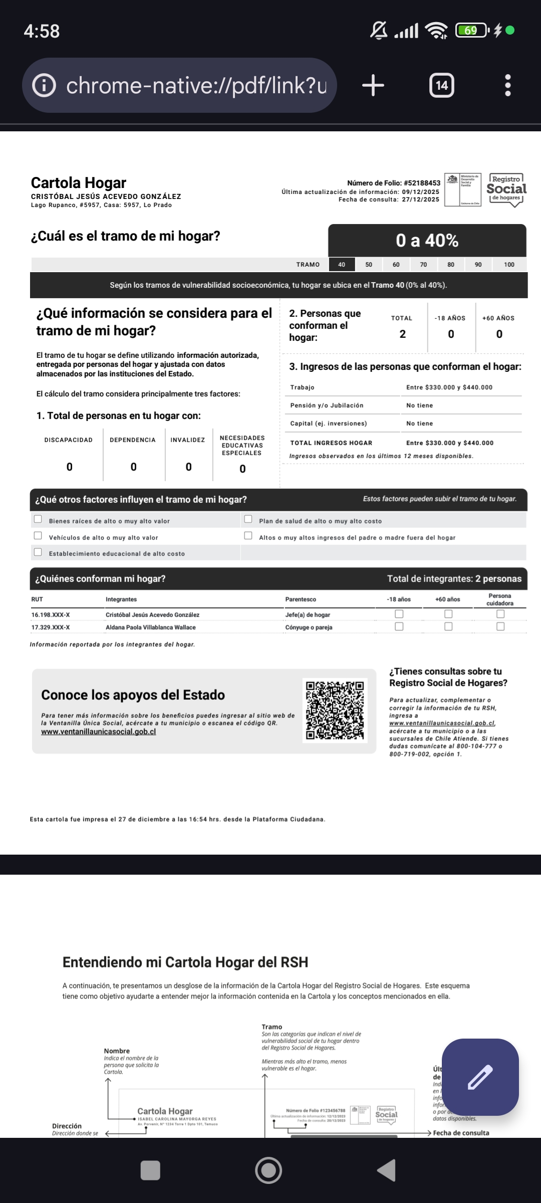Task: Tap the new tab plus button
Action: pos(373,85)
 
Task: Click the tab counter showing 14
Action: pos(442,85)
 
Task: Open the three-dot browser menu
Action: pos(507,85)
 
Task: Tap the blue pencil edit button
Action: pos(480,1077)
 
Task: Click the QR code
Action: pos(335,710)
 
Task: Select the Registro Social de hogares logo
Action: pos(506,189)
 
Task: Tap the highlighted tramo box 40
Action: pos(342,265)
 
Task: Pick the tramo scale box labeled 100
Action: pos(509,265)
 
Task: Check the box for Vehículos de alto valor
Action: pos(38,536)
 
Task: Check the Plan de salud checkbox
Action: pos(248,519)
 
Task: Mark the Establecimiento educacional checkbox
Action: pos(38,552)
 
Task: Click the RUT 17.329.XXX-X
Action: pos(51,628)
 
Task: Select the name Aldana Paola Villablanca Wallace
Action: pos(151,628)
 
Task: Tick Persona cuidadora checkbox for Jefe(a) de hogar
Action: pos(500,614)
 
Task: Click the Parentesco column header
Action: pos(301,599)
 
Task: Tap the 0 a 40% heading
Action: pos(427,241)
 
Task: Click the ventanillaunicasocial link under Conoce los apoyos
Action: pos(99,732)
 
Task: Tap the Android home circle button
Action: pos(268,1170)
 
